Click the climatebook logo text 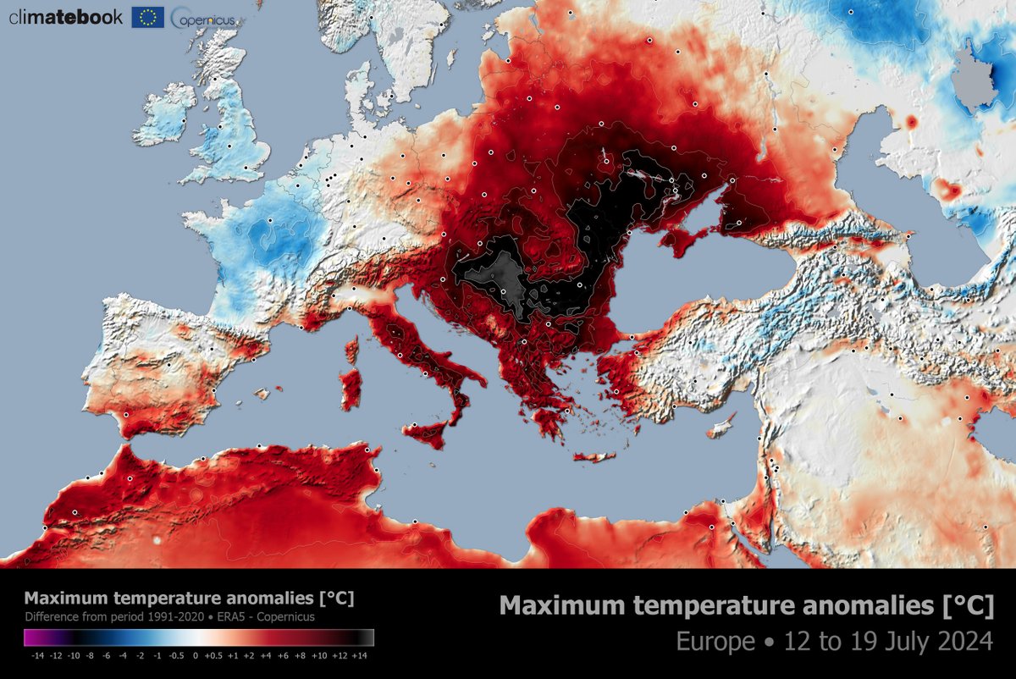66,16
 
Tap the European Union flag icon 147,17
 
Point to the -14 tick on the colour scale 39,654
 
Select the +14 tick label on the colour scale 359,654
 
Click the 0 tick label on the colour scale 196,654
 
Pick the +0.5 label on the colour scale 216,654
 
